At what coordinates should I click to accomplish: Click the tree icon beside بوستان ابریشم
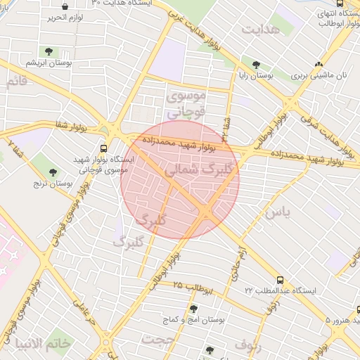pos(49,51)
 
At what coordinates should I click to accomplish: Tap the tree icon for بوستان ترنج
pos(53,172)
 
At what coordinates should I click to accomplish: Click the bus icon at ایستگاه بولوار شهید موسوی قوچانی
pos(104,149)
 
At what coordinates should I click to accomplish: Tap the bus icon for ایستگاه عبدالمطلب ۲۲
pos(281,279)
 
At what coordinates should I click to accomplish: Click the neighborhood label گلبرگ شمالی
pos(192,170)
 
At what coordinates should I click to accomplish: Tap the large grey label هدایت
pos(261,30)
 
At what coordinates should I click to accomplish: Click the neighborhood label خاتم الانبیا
pos(45,343)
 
